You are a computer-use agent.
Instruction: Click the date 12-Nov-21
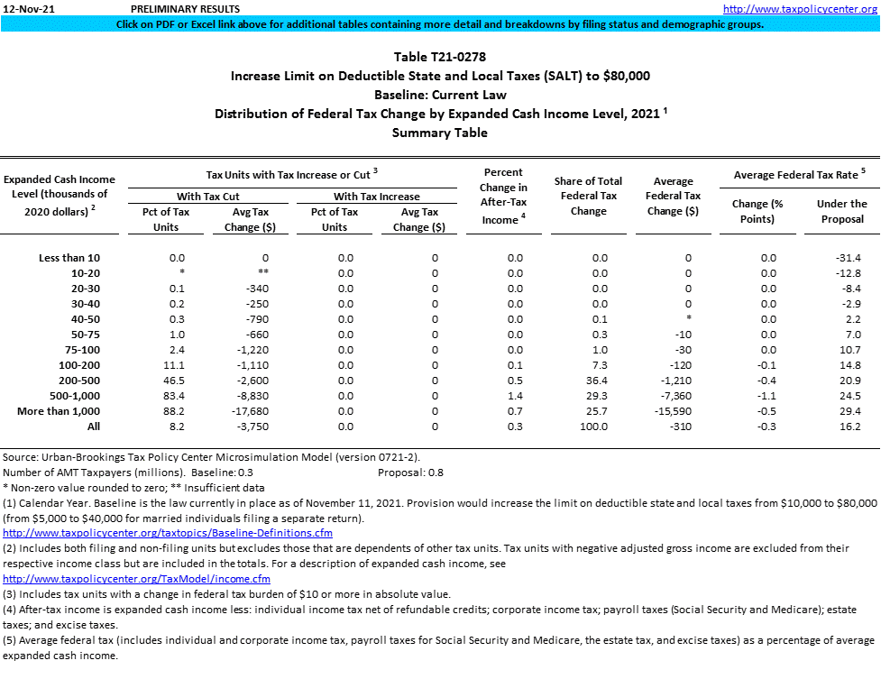click(28, 8)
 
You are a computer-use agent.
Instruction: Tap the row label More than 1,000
click(57, 411)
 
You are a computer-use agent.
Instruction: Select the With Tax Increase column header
click(376, 196)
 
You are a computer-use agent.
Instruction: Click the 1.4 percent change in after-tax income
click(514, 396)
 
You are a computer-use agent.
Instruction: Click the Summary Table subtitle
click(440, 133)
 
